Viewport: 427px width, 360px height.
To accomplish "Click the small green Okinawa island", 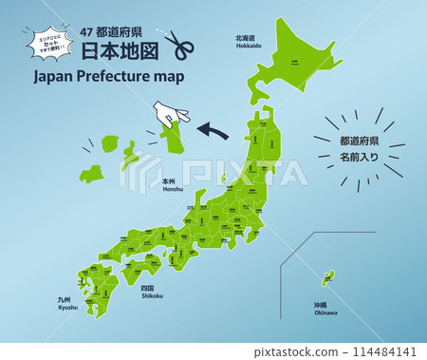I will [x=328, y=277].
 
